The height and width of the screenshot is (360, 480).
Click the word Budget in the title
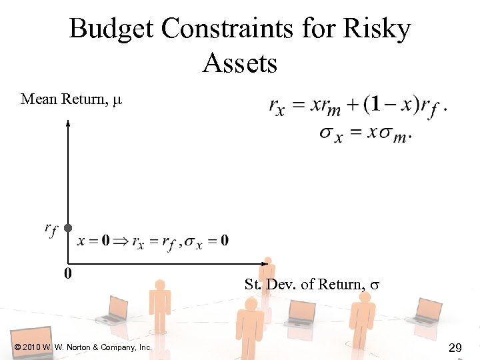pos(112,29)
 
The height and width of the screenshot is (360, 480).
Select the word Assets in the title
pos(239,64)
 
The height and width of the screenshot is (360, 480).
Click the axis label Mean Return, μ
pos(71,100)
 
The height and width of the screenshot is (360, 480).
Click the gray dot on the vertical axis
pos(68,227)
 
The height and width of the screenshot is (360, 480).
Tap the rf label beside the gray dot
pos(51,229)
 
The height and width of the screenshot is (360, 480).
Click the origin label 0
pos(68,273)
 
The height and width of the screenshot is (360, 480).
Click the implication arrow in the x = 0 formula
pos(121,241)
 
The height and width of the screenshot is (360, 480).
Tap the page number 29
pos(456,347)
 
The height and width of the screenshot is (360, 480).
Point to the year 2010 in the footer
pos(33,347)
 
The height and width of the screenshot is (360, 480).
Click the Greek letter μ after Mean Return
pos(117,101)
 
